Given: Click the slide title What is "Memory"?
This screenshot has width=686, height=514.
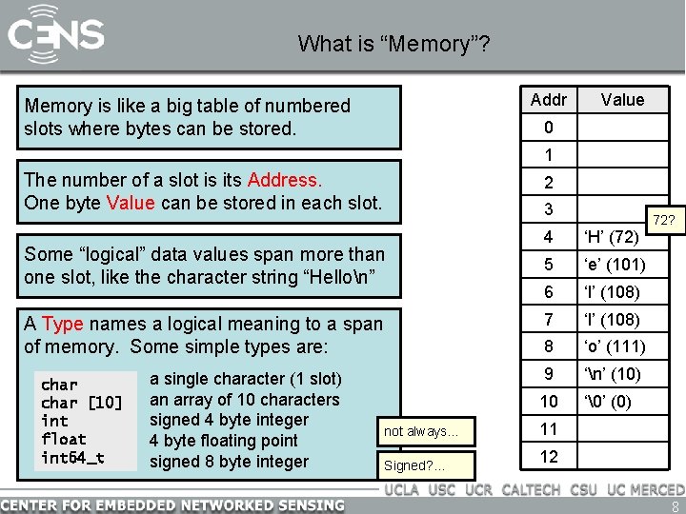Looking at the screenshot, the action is (x=393, y=43).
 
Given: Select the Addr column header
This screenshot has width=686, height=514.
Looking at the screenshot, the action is (x=548, y=100).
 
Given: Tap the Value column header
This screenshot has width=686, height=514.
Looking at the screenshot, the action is (x=622, y=100).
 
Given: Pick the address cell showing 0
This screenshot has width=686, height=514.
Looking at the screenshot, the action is (x=548, y=128).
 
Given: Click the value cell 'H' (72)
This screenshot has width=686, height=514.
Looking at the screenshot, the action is (x=611, y=236).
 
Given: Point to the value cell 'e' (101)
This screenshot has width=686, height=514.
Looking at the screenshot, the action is (x=615, y=264).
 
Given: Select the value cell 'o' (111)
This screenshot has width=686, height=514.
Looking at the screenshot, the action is (x=615, y=346).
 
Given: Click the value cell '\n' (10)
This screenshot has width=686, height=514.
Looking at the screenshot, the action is (x=613, y=374).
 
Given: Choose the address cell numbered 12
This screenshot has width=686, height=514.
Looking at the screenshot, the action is (x=548, y=457).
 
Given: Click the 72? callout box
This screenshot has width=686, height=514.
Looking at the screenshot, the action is (x=662, y=221).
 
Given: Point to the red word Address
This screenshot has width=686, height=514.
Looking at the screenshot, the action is (x=285, y=180).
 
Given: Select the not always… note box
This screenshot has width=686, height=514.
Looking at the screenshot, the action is (x=420, y=432).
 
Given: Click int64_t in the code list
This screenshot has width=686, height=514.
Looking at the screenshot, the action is (x=72, y=458).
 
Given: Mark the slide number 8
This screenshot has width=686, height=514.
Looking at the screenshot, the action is (x=675, y=505).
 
